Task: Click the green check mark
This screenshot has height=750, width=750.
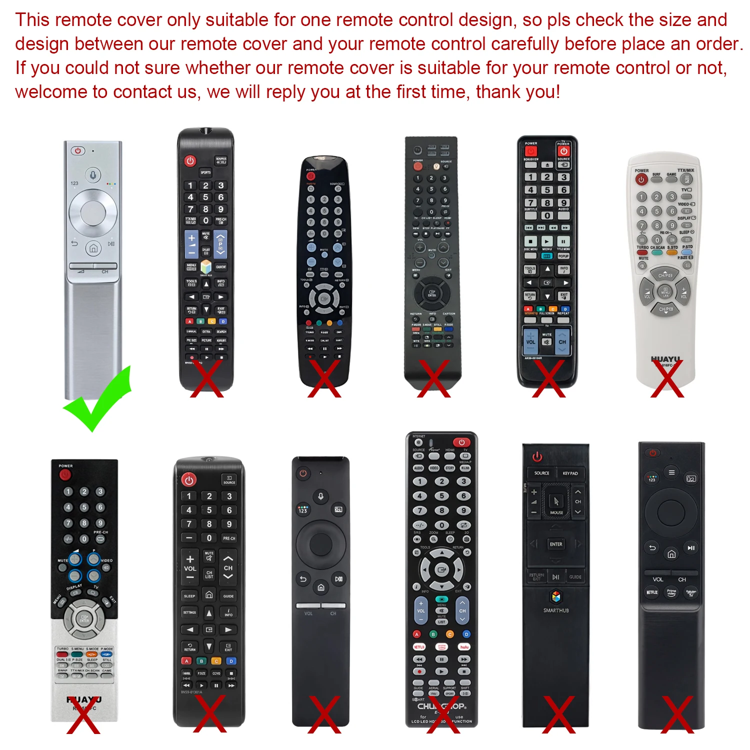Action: (97, 400)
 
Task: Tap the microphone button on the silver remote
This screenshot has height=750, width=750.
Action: (92, 175)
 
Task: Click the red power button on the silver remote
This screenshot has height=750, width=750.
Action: (77, 151)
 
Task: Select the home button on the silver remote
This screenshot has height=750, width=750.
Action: (93, 248)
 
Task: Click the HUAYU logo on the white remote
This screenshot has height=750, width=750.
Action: (665, 359)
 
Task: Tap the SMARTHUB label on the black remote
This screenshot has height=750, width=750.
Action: (556, 610)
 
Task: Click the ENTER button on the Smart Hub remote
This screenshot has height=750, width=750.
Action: (556, 544)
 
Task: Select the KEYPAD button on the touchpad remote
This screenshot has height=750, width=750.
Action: (570, 473)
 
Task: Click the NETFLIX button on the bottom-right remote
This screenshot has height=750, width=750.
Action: (652, 592)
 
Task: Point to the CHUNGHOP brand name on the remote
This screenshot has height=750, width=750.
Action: (441, 706)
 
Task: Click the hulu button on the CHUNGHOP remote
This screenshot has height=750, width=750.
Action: (464, 647)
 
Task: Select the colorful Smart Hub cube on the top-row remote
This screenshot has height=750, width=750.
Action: (206, 266)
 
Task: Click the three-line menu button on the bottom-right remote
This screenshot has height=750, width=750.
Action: (671, 472)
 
